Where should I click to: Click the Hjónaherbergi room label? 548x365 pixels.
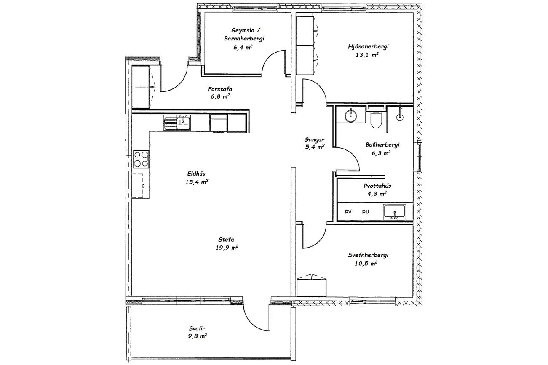tap(368, 47)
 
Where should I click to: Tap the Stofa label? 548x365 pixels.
tap(226, 240)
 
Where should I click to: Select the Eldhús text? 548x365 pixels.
tap(196, 173)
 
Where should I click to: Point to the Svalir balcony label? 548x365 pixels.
tap(197, 328)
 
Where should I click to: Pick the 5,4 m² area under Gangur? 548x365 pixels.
tap(315, 147)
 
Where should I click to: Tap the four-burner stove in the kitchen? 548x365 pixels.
tap(141, 159)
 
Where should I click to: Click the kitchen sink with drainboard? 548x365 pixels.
tap(177, 122)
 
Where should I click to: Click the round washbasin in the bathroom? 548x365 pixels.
tap(351, 116)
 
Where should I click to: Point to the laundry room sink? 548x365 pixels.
tap(395, 211)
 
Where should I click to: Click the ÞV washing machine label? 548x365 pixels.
tap(348, 212)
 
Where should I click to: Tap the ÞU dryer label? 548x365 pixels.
tap(366, 212)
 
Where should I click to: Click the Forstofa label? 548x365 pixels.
tap(220, 89)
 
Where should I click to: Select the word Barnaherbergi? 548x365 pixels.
tap(244, 39)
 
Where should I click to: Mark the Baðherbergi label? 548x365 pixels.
tap(382, 145)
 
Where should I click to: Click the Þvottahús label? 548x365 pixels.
tap(377, 186)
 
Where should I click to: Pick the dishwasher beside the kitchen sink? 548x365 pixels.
tap(219, 123)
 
